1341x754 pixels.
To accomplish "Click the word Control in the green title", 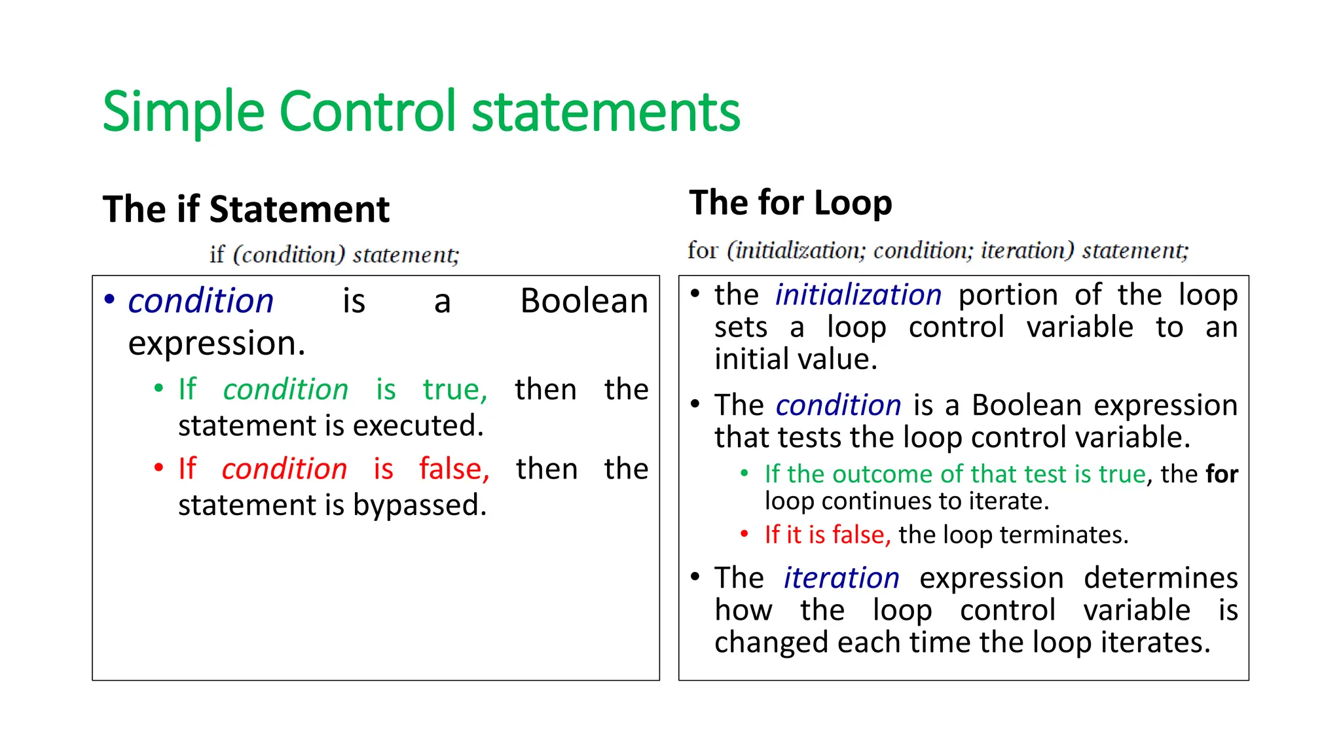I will tap(367, 111).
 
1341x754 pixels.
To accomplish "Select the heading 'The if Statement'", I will tap(246, 210).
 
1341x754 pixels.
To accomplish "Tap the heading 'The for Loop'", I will tap(790, 203).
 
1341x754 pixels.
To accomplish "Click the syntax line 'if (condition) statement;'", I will tap(335, 255).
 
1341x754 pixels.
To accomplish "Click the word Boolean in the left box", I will tap(583, 301).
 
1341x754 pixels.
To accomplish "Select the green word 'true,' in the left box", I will tap(455, 389).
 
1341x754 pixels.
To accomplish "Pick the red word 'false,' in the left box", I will tap(454, 469).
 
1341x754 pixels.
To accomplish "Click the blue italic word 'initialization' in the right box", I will tap(858, 295).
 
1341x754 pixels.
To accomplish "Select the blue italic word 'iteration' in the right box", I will tap(841, 578).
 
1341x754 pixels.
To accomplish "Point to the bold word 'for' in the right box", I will tap(1222, 475).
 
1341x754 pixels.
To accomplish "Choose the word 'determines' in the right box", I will tap(1160, 578).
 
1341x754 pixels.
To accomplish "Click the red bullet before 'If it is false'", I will tap(744, 534).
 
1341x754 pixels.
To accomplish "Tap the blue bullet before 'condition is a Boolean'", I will tap(109, 300).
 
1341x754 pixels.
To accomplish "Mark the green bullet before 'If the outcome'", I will tap(744, 473).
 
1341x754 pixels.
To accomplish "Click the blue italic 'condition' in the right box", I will tap(838, 406).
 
